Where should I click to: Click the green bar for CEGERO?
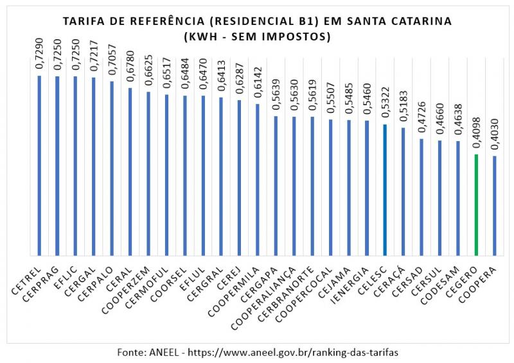[476, 205]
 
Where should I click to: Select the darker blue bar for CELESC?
[385, 190]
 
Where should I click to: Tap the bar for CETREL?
[39, 166]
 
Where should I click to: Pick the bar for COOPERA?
[494, 206]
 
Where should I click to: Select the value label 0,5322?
[385, 105]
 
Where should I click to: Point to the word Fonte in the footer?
[131, 352]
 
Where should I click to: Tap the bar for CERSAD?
[421, 197]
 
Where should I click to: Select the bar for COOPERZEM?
[148, 174]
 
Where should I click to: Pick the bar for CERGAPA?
[276, 186]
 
